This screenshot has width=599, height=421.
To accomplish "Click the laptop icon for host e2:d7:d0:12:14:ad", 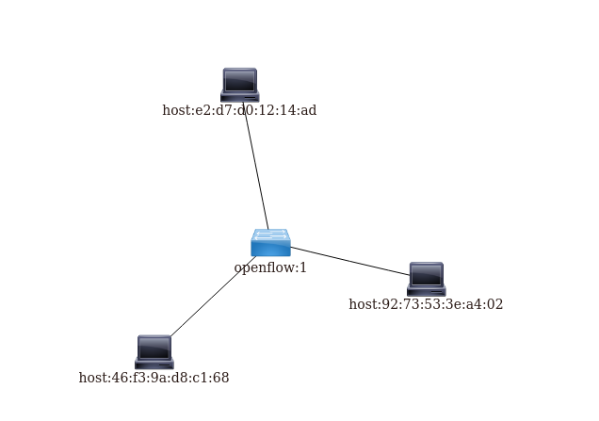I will point(239,85).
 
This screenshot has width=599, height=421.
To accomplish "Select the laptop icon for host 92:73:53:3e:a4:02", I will point(426,279).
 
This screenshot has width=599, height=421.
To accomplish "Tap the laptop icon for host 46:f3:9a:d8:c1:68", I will point(154,351).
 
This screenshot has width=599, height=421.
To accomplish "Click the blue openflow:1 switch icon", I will point(270,243).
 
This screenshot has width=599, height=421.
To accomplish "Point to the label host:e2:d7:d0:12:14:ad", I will point(239,111).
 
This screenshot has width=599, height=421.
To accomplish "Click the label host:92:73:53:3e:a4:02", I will point(426,305).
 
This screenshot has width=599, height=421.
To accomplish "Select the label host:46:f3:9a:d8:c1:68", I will point(154,379).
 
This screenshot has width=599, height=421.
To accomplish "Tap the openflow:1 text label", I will point(270,268).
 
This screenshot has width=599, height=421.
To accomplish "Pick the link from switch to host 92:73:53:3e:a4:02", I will point(348,261).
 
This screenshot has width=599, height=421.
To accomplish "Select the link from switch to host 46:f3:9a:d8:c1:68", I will point(212,297).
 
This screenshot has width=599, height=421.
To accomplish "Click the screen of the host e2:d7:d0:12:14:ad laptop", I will point(239,81).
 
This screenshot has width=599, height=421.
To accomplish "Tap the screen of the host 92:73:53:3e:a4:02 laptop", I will point(426,275).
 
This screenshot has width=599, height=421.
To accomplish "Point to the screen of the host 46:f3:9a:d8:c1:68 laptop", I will point(154,348).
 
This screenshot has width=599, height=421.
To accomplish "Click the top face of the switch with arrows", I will point(270,235).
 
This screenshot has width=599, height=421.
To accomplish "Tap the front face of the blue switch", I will point(270,249).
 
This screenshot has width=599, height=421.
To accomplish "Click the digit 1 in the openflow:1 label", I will point(303,268).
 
